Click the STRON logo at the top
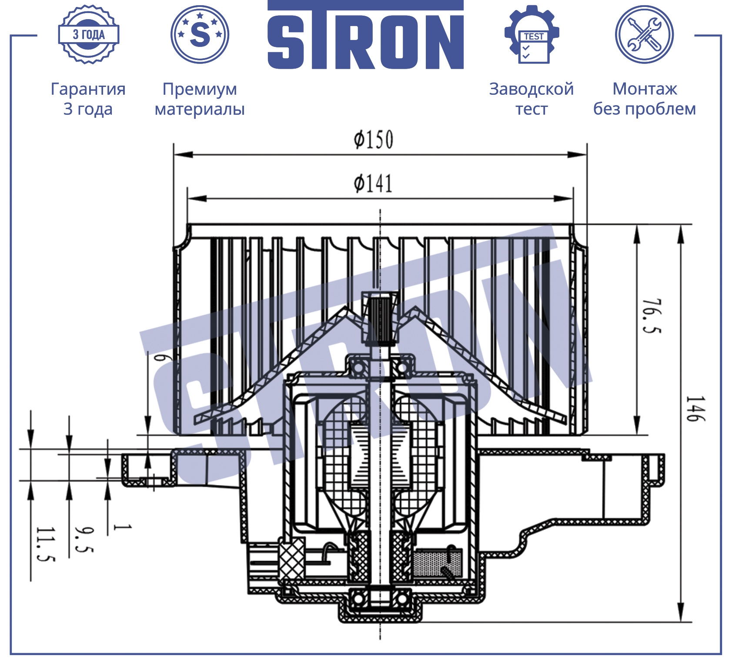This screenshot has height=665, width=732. (365, 35)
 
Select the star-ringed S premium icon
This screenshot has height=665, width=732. (200, 34)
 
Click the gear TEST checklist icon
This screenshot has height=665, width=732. (531, 34)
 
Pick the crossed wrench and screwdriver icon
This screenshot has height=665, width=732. (644, 34)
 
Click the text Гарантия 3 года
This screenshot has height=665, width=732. (88, 99)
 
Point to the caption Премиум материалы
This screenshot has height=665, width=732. (200, 99)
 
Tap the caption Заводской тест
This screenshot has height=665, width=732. (531, 99)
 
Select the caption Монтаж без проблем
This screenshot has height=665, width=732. (645, 99)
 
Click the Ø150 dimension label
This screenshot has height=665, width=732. (374, 140)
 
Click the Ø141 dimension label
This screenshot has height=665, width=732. (373, 183)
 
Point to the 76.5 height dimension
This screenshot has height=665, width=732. (652, 316)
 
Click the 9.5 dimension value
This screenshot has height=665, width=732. (84, 540)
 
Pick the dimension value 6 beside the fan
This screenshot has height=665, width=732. (160, 358)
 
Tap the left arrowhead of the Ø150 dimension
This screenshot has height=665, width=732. (183, 155)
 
